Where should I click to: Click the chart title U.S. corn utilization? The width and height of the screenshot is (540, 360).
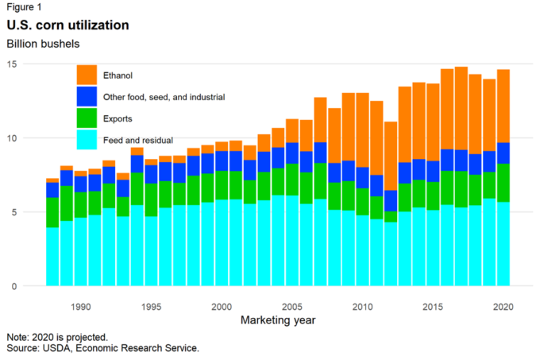pos(67,25)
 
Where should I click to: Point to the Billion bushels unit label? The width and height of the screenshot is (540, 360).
pos(43,42)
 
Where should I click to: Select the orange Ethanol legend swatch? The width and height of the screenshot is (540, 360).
pos(86,75)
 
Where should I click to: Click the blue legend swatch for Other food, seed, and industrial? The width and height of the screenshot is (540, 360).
pos(86,97)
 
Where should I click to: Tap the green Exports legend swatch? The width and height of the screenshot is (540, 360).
pos(86,118)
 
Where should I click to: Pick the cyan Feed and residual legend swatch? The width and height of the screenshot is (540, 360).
pos(86,139)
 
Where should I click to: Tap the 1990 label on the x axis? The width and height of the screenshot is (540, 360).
pos(80,307)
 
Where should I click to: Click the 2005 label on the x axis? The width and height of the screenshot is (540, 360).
pos(291,307)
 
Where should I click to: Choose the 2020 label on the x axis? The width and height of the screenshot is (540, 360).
pos(503,307)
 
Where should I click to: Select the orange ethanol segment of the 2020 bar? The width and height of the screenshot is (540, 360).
pos(503,106)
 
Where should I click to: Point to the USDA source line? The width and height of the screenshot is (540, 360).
pos(102,349)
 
